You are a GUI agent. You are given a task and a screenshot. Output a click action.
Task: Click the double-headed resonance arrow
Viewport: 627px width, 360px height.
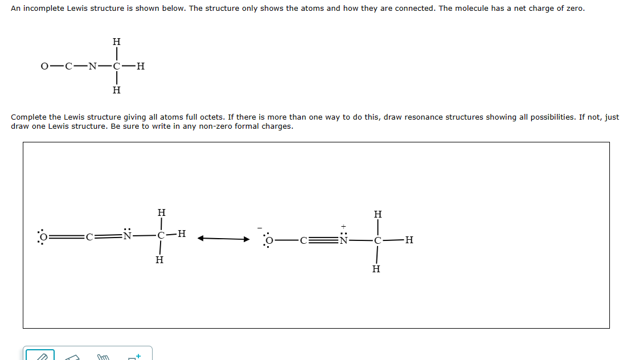223,239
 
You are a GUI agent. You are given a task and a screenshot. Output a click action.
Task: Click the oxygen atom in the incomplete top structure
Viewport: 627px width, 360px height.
44,66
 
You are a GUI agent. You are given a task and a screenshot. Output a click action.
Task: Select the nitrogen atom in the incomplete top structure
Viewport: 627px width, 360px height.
92,66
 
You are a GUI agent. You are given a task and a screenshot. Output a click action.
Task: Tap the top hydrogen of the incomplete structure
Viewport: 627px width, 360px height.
116,42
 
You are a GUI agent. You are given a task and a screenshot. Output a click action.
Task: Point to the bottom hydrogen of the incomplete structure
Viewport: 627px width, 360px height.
116,90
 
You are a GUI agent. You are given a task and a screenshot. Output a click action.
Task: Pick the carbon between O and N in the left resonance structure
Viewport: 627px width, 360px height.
89,235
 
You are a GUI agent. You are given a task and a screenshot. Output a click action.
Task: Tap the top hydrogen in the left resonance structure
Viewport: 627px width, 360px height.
161,212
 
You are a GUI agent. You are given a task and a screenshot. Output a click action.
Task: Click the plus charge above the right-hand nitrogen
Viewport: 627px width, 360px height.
343,226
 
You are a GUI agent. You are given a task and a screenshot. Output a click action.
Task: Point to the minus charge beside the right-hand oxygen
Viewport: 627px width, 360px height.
260,231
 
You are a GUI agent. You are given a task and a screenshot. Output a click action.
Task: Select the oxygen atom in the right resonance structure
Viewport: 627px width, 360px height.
269,241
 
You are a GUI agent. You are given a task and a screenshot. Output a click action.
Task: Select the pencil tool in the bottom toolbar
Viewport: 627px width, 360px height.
40,356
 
